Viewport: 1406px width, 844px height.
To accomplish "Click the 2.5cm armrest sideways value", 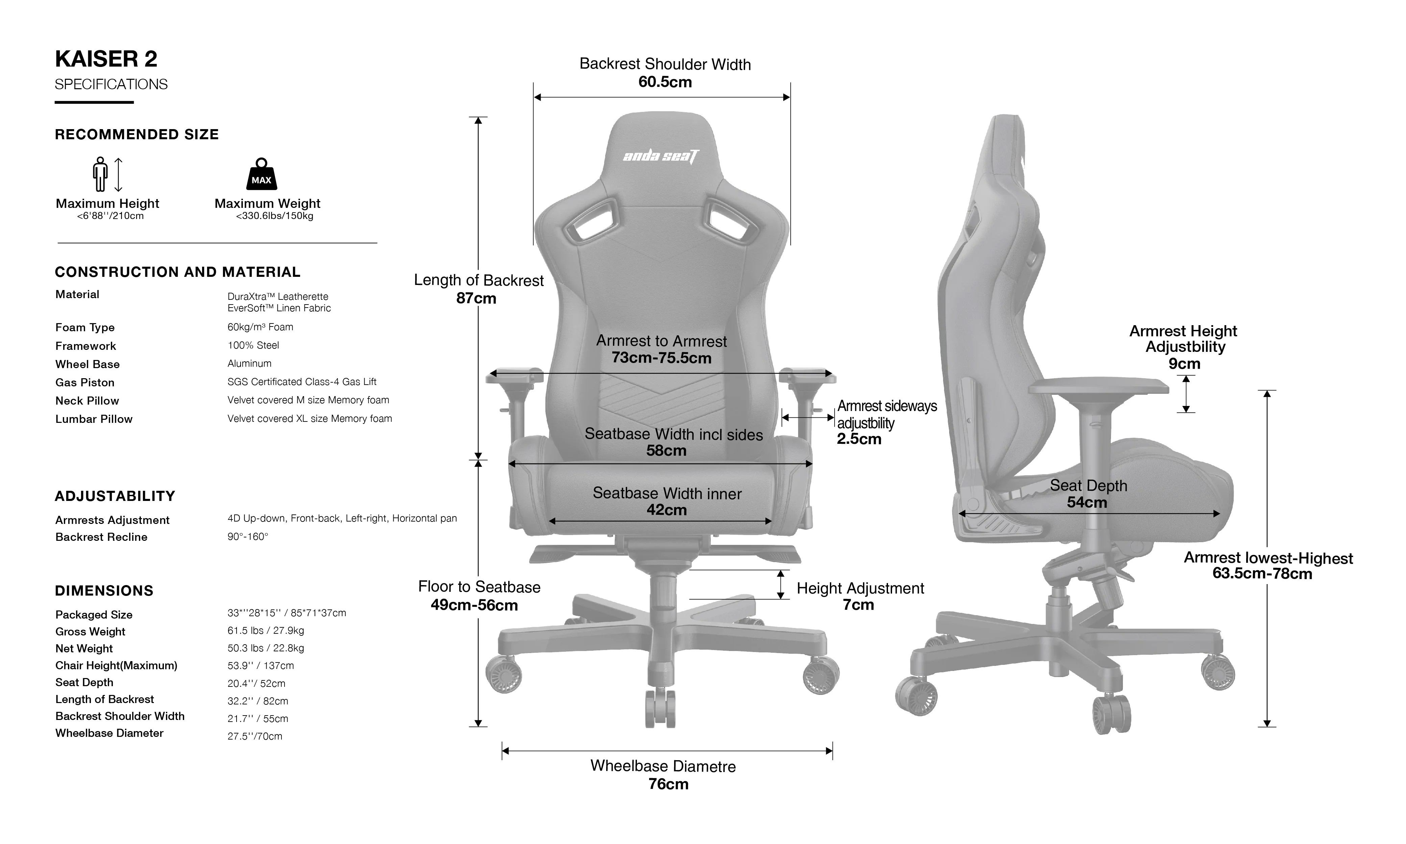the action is [x=859, y=439].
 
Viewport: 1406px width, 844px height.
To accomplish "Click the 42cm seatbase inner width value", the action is [x=666, y=510].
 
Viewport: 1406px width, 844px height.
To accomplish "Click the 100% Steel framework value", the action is [x=253, y=345].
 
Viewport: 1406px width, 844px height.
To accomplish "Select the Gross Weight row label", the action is [x=90, y=631].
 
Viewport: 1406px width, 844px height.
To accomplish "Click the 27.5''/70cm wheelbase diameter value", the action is [x=255, y=736].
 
